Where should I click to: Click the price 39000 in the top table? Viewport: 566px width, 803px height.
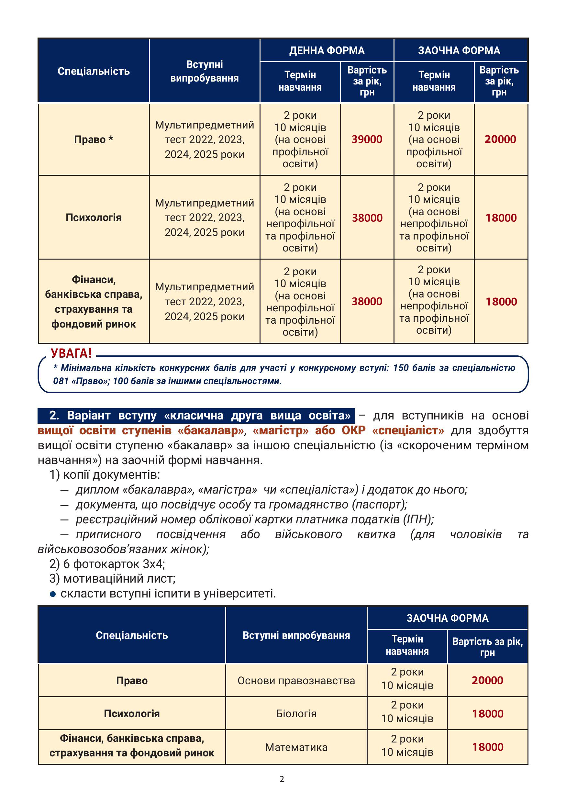coord(367,139)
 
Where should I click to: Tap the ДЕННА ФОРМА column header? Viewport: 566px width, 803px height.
coord(327,50)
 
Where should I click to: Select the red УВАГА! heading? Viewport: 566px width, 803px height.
coord(71,353)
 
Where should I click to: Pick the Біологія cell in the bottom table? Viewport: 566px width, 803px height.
coord(296,713)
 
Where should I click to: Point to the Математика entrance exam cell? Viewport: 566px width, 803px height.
coord(296,747)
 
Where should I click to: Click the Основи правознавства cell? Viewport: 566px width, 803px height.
coord(296,681)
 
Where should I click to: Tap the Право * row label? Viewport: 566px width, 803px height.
coord(93,139)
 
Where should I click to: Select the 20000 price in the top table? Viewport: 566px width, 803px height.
coord(500,139)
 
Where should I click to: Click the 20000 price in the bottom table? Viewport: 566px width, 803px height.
coord(487,680)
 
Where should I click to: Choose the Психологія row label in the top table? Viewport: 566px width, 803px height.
coord(93,217)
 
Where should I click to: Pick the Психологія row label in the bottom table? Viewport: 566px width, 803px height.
coord(131,713)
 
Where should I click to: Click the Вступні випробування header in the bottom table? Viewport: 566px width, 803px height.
coord(296,635)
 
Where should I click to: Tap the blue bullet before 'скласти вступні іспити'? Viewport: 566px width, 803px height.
coord(53,594)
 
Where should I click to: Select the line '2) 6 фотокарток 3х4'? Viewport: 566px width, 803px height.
coord(107,564)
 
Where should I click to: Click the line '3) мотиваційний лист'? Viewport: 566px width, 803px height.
coord(112,578)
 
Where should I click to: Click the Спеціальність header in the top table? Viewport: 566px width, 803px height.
coord(93,71)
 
